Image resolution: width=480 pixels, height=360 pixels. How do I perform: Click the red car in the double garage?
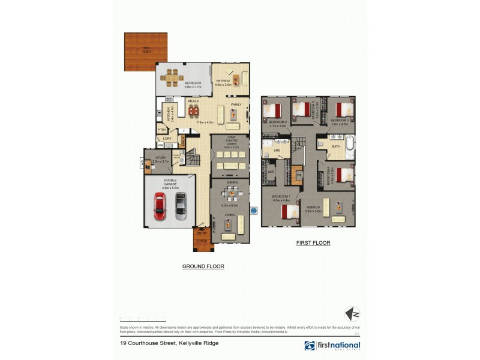(160, 206)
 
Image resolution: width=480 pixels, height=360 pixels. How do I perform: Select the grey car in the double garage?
(181, 206)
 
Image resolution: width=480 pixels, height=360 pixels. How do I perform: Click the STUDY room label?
(160, 158)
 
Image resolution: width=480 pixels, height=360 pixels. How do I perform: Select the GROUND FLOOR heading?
(203, 266)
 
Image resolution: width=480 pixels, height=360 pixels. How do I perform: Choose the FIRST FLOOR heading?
(313, 243)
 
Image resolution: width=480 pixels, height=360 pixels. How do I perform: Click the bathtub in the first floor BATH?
(350, 145)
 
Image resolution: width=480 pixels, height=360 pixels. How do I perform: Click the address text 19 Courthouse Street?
(169, 343)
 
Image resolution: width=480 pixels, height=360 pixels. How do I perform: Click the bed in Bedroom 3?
(343, 109)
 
